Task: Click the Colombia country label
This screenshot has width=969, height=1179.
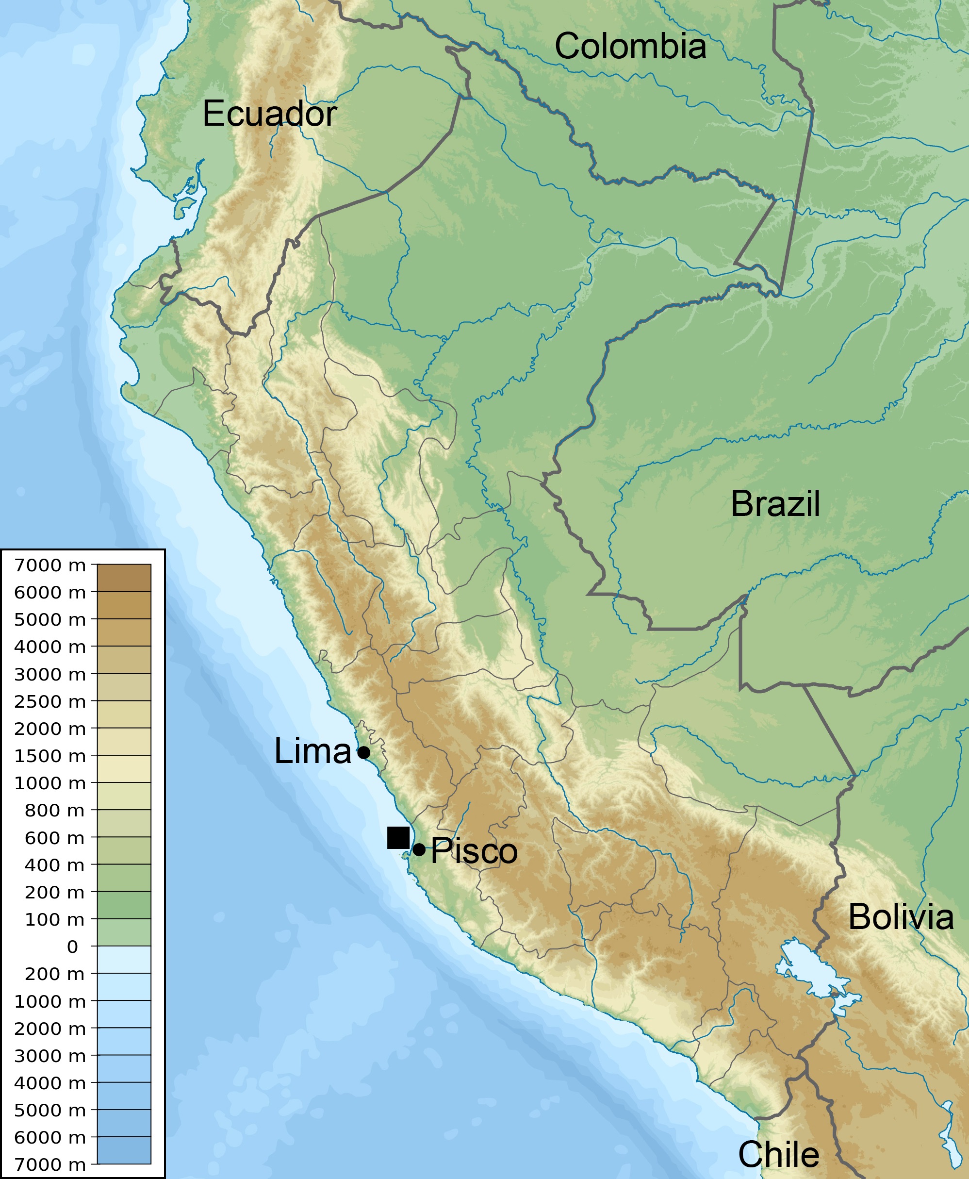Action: pos(630,46)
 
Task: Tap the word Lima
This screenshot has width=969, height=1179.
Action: pos(312,751)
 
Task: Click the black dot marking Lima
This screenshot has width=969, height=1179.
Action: pos(363,752)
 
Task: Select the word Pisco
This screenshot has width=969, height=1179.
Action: pos(475,851)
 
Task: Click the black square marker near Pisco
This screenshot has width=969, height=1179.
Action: pos(398,837)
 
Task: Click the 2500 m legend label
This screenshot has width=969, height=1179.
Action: pos(49,701)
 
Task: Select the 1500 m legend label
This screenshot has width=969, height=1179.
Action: pos(49,756)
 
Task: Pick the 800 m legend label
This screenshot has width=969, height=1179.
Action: pos(54,811)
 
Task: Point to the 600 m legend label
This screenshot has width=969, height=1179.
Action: pos(54,838)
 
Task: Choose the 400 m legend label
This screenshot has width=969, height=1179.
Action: pos(54,865)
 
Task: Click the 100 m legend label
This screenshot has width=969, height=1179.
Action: pos(54,919)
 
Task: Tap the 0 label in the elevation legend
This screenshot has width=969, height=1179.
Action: pos(73,947)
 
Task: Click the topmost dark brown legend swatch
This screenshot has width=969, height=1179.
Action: pos(124,577)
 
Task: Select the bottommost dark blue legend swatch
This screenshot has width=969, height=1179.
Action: pos(124,1150)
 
